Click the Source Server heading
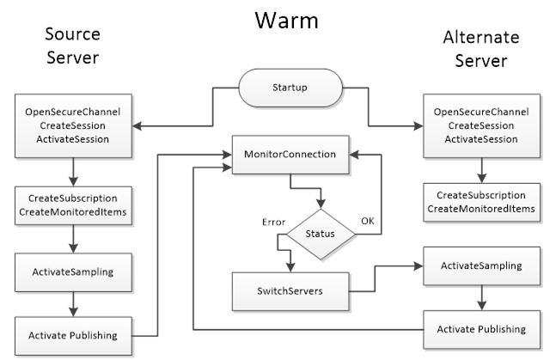(x=72, y=46)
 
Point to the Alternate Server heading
(x=481, y=50)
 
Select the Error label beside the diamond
(x=273, y=222)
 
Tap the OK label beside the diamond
(x=367, y=221)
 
